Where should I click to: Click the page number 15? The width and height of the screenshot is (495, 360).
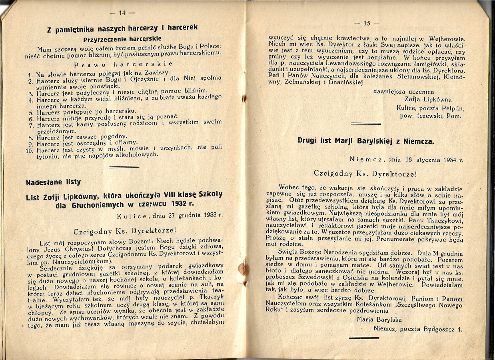pos(367,23)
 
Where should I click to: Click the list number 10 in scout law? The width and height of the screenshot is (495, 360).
pos(29,151)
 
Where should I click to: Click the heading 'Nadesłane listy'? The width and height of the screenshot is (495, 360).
pos(53,182)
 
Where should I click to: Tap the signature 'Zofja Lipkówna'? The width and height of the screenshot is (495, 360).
pos(428,100)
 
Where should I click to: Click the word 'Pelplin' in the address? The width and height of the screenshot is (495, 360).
pos(450,108)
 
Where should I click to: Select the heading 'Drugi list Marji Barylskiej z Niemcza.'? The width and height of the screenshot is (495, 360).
pos(365,141)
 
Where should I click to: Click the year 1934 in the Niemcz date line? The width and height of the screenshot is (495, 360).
pos(451,160)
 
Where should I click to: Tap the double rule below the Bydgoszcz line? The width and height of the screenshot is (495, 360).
pos(364,338)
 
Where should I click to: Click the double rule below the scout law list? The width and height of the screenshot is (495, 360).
pos(124,166)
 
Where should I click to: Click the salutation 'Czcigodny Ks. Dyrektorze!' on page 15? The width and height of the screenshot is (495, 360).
pos(365,174)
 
